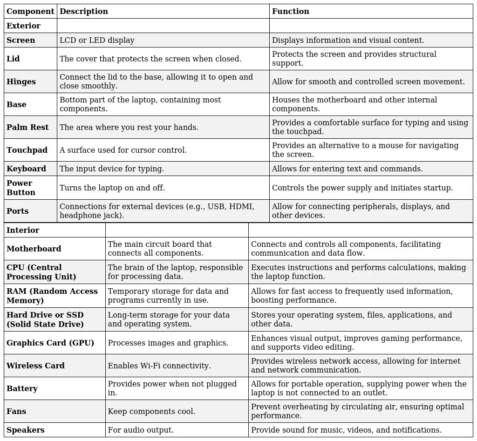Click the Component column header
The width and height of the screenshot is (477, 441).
(30, 11)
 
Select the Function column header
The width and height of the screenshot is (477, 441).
(291, 11)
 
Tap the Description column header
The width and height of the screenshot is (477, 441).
(84, 11)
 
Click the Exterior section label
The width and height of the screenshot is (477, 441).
(23, 26)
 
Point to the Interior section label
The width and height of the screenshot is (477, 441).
(23, 230)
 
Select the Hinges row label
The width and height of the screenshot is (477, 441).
(21, 81)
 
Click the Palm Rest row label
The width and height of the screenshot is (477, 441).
(27, 127)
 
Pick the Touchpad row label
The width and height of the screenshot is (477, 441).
(27, 150)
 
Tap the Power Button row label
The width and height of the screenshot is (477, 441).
(21, 188)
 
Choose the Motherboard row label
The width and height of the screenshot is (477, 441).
(34, 249)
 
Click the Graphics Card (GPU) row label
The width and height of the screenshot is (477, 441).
(50, 343)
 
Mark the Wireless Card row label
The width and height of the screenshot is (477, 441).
(35, 366)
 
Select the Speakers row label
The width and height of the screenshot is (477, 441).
(26, 430)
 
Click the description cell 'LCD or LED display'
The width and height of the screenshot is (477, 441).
(97, 40)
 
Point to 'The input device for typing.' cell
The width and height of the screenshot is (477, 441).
(112, 169)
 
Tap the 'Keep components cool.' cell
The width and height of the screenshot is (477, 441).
(151, 411)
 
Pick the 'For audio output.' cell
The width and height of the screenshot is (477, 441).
(141, 430)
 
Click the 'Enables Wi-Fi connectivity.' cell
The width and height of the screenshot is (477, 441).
(159, 366)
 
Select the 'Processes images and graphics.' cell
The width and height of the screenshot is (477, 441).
(168, 343)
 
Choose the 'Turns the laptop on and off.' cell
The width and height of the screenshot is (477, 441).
(112, 188)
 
